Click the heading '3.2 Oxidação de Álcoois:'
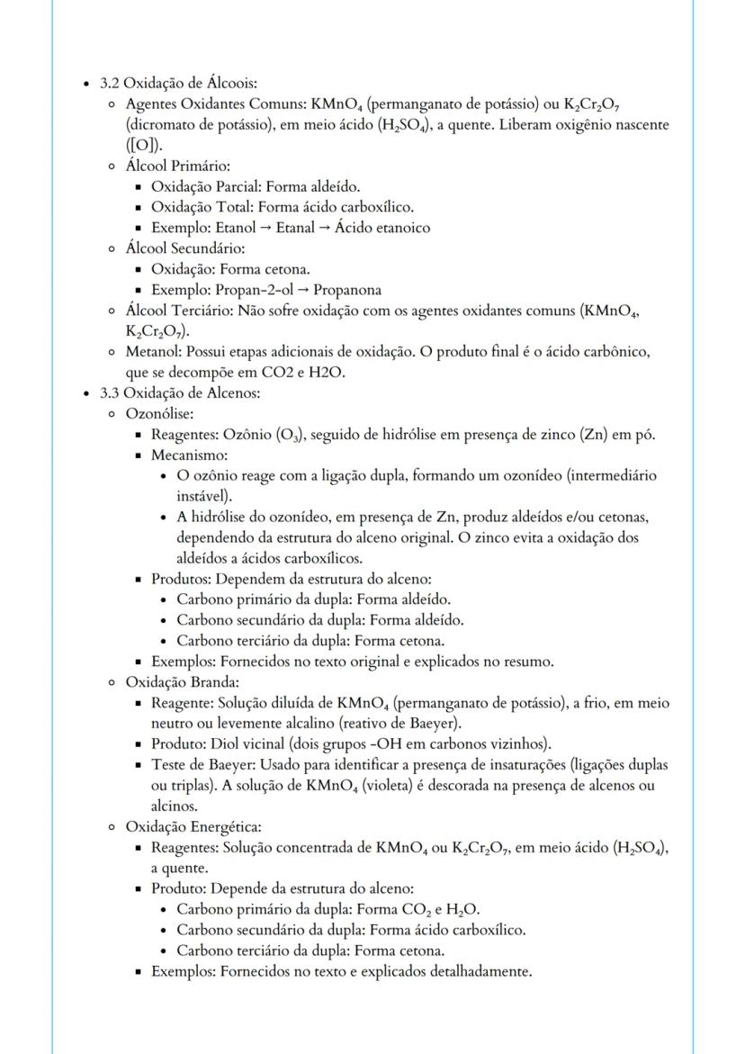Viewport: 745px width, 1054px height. [x=179, y=84]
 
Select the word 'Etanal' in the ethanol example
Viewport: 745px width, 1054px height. [x=295, y=228]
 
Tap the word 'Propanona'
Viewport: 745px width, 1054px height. [x=347, y=290]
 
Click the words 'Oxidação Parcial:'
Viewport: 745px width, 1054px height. [x=206, y=187]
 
